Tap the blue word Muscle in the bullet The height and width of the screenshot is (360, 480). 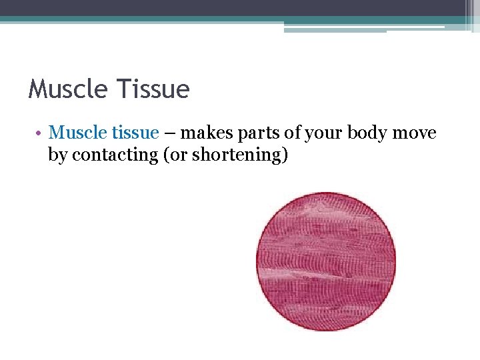point(75,133)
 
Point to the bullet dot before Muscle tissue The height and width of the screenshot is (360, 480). point(40,133)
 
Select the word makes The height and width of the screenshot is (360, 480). point(202,133)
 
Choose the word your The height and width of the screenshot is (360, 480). point(321,133)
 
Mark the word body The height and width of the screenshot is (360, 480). point(366,133)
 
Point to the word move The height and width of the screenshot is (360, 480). point(415,133)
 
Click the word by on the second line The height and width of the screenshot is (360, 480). point(57,155)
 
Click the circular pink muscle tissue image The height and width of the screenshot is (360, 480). point(326,261)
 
